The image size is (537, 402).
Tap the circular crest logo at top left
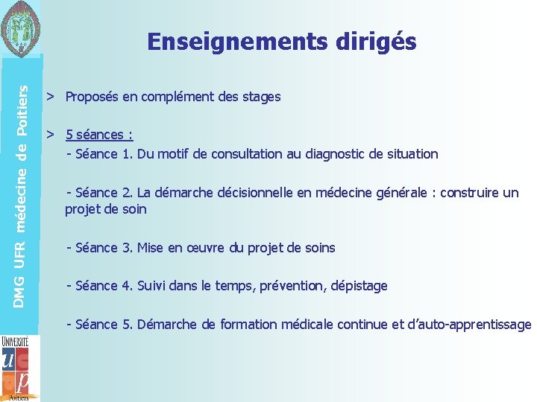point(22,28)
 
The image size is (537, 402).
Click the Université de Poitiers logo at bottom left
point(16,368)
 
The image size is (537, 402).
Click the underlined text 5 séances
point(98,135)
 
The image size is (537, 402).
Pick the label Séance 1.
point(103,154)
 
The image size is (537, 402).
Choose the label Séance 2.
point(103,193)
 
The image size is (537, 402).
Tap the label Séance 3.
point(103,248)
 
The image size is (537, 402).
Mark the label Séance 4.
point(103,286)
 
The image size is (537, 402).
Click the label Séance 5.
point(103,325)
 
